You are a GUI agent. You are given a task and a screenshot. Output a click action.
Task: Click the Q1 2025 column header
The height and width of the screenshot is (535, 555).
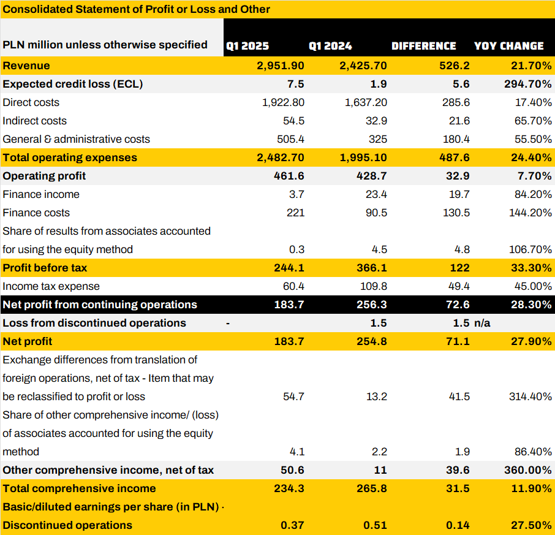[247, 46]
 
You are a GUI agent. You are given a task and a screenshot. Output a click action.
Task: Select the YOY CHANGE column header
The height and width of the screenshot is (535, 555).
[508, 46]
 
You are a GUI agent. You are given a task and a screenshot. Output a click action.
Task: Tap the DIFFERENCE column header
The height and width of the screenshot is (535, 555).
[423, 46]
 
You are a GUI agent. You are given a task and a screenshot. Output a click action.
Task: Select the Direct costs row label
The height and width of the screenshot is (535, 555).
[31, 102]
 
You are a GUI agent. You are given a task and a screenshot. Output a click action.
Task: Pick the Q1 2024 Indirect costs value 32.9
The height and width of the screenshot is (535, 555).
[376, 121]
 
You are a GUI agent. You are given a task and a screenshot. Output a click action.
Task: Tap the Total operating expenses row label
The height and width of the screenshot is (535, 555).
[70, 157]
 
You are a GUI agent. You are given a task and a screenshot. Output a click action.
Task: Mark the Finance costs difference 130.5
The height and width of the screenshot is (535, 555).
[456, 213]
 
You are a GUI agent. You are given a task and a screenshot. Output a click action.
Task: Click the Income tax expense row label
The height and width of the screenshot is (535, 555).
[51, 286]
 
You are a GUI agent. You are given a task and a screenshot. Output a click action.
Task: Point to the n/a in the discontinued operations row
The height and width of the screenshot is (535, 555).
[482, 323]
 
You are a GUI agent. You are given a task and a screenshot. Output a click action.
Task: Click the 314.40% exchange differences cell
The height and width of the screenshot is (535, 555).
[530, 397]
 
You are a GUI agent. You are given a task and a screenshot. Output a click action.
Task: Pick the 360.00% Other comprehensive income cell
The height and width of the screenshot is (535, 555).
[530, 470]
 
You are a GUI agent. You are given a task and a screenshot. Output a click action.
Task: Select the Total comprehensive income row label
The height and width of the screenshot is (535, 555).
[79, 488]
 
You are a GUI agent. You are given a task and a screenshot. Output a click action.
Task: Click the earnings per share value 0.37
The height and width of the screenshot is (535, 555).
[293, 525]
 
